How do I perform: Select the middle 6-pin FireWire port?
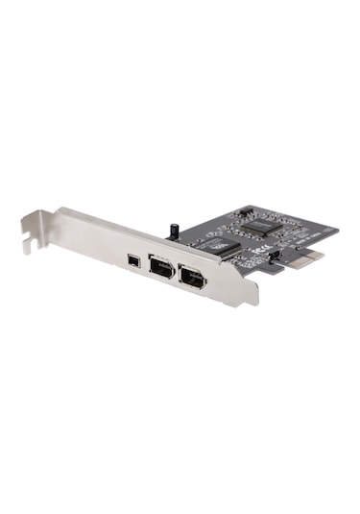pyautogui.click(x=160, y=268)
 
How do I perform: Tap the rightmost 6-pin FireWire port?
pyautogui.click(x=192, y=280)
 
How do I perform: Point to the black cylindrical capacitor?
pyautogui.click(x=175, y=232)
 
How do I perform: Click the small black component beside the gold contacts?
pyautogui.click(x=276, y=257)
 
